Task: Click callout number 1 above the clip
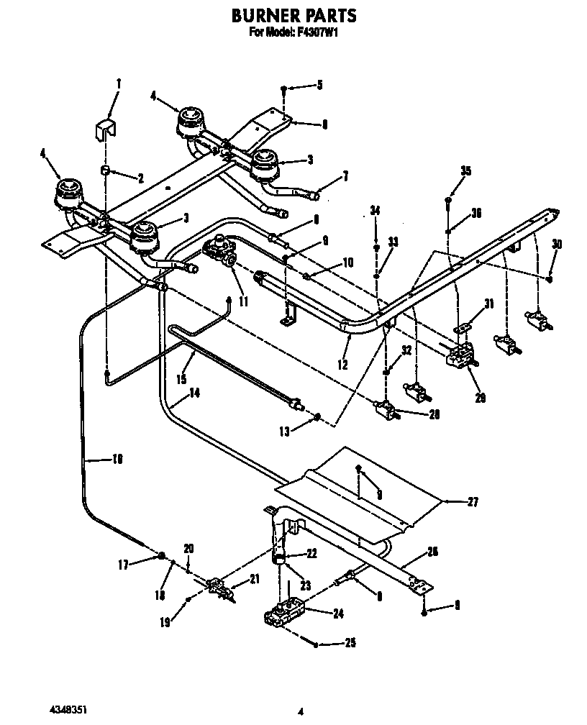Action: (x=119, y=84)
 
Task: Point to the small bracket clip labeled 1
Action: (x=106, y=130)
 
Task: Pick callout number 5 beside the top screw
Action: (x=319, y=86)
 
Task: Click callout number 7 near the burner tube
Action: (x=346, y=175)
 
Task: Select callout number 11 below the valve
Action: (x=244, y=302)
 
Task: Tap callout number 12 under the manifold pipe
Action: (x=342, y=365)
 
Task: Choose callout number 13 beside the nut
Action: (x=285, y=432)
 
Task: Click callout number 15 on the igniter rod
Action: (x=181, y=378)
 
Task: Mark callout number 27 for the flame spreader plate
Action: (x=473, y=503)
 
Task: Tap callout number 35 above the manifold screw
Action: (x=466, y=170)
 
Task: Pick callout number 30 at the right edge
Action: (x=556, y=244)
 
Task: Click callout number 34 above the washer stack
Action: (x=375, y=211)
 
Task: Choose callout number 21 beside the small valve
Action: (x=254, y=579)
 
